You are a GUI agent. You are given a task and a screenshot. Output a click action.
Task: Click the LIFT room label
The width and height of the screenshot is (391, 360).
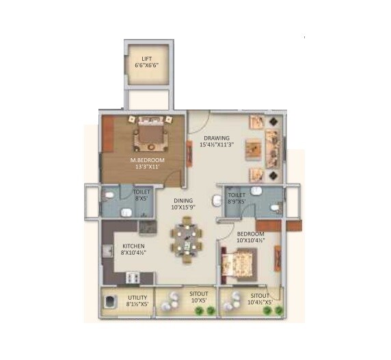146,59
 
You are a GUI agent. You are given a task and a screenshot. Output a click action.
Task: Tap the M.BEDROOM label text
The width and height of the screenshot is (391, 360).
144,161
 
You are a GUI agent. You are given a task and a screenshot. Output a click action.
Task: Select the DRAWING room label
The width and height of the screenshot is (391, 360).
217,138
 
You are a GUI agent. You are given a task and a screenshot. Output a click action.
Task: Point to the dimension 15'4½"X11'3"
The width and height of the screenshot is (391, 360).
217,145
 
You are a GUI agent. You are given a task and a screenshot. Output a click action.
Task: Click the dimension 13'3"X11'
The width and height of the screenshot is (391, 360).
144,168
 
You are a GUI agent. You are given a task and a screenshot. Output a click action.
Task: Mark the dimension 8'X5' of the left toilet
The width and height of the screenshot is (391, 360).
141,200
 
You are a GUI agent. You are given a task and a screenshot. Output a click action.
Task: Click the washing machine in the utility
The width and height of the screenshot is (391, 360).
109,301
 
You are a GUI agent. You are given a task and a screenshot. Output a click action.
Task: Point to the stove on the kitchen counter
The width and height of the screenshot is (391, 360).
133,277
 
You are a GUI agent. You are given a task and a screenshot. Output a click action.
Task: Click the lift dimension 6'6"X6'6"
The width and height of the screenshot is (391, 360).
146,66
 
